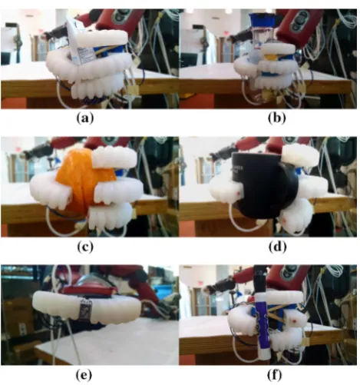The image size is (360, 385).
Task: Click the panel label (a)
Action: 85,118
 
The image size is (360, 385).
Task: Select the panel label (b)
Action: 277,118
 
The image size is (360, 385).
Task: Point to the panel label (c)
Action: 85,247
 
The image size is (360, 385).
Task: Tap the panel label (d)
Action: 278,247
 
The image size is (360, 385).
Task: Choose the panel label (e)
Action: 84,375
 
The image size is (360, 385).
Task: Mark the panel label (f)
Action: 275,375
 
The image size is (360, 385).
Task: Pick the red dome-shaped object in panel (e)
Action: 88,286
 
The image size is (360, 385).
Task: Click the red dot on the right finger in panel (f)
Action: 295,320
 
